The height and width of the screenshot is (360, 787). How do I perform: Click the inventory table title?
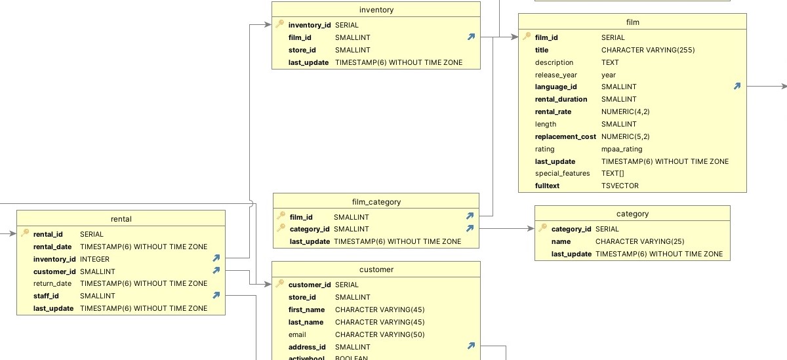pos(376,10)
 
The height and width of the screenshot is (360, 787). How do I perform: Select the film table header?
pos(632,22)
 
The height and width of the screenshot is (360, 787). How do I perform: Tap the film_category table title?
pos(376,202)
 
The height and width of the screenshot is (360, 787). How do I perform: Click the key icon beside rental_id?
pos(25,233)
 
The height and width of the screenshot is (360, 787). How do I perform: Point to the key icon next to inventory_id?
pos(279,24)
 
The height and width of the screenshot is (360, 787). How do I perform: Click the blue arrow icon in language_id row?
pos(737,86)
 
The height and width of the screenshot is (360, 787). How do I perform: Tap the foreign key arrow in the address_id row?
pos(471,346)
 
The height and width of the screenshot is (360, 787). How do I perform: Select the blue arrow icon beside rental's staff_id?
pos(216,295)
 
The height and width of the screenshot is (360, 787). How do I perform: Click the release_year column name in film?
pos(556,75)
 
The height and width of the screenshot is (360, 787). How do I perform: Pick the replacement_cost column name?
pos(565,136)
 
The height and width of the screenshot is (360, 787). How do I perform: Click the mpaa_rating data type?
pos(622,149)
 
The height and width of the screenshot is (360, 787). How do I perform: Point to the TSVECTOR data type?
pos(620,186)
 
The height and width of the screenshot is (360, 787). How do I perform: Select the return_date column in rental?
pos(52,283)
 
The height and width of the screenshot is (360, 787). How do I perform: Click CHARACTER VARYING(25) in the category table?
pos(640,241)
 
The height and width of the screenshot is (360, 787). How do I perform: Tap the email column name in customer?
pos(297,334)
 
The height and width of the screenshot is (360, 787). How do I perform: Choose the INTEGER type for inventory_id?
pos(94,259)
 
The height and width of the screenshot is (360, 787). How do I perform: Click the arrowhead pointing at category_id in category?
pos(531,229)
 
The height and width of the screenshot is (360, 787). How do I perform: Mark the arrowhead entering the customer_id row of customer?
pos(268,284)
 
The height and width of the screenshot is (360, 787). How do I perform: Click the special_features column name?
pos(562,174)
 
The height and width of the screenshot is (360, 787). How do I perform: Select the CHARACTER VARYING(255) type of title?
pos(648,50)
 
